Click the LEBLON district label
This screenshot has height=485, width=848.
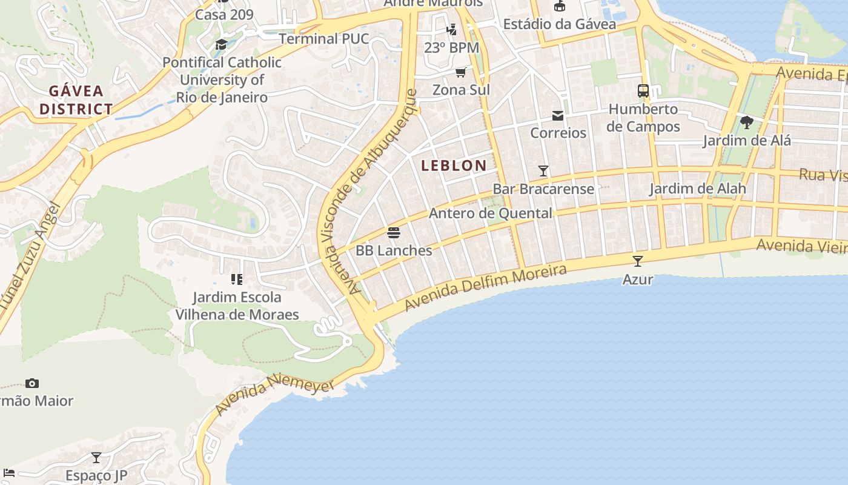(x=454, y=166)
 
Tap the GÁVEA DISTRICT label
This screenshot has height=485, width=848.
(x=81, y=100)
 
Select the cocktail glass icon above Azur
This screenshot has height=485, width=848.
(x=637, y=261)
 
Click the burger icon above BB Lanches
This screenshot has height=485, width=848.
(x=394, y=233)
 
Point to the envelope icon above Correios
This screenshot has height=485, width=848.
(x=558, y=116)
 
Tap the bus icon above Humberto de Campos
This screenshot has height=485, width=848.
(x=643, y=92)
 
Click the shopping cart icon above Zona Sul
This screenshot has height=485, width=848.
(x=461, y=73)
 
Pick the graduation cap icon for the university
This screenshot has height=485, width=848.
(x=221, y=44)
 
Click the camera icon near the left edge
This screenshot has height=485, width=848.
(x=32, y=383)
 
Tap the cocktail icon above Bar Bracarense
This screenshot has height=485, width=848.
(x=543, y=171)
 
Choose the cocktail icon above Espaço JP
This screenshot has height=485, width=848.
(x=96, y=458)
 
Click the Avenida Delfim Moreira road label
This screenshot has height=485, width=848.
(x=486, y=287)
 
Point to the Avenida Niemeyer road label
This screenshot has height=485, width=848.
(x=275, y=393)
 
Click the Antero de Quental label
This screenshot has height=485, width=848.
(x=491, y=213)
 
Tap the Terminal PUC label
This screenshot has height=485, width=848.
(x=323, y=39)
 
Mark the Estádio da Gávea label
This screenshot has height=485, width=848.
(x=560, y=24)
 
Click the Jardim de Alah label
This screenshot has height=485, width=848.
(x=698, y=189)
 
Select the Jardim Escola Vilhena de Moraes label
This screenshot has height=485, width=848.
(x=237, y=306)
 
